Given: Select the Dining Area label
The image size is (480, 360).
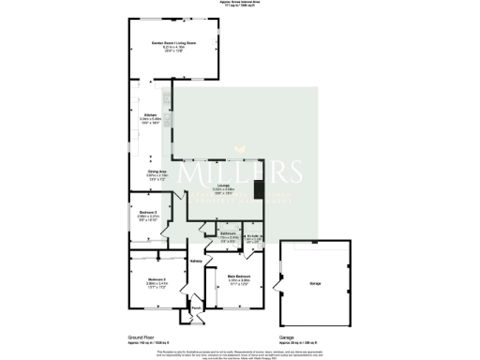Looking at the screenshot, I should (143, 172).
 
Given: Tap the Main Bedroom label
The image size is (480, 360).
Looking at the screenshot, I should (238, 277).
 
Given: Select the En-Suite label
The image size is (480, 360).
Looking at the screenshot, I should (253, 236).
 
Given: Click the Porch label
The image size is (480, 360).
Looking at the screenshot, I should (197, 307).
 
